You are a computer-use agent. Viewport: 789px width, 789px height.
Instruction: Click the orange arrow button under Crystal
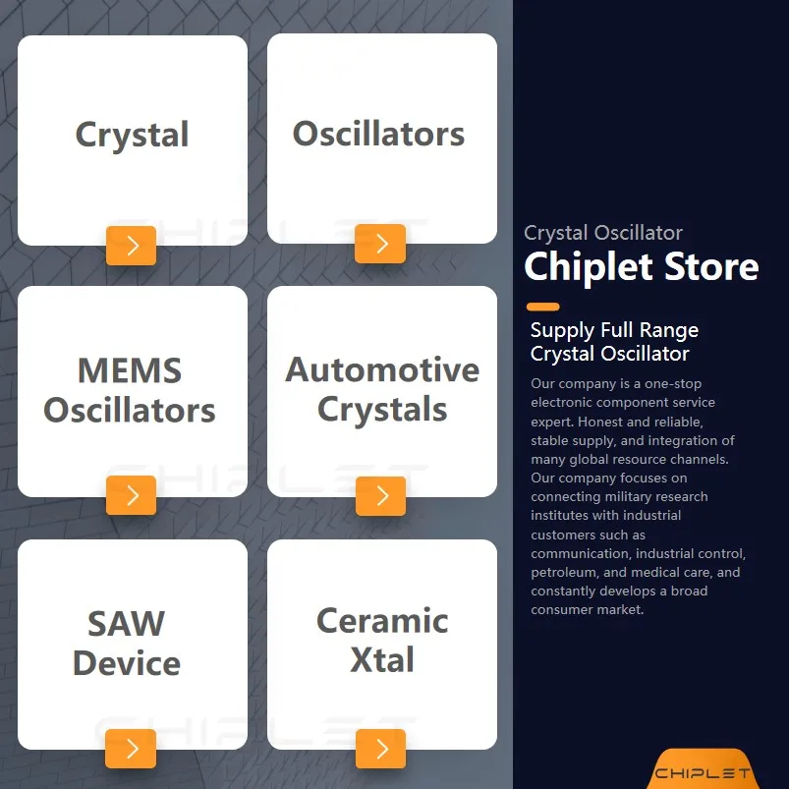click(132, 245)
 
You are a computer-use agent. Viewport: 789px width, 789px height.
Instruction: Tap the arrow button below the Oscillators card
click(380, 244)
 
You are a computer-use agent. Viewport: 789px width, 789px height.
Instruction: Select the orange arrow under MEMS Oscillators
click(132, 495)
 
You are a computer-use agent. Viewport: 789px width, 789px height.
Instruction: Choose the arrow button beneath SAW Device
click(132, 749)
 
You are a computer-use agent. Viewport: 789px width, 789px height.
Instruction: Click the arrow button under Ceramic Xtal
click(380, 749)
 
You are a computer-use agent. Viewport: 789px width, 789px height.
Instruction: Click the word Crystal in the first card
click(132, 135)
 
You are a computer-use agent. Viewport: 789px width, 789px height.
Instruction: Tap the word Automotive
click(382, 370)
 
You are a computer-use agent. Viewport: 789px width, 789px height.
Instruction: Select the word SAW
click(127, 624)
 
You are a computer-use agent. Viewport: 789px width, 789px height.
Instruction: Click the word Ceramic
click(382, 621)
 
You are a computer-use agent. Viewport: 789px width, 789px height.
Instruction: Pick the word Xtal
click(382, 660)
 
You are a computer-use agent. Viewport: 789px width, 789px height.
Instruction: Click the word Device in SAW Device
click(127, 663)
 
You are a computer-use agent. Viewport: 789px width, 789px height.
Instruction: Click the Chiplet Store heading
click(641, 266)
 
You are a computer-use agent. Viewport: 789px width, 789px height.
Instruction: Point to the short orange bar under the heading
click(542, 307)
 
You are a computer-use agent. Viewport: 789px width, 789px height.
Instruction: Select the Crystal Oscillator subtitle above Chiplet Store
click(603, 233)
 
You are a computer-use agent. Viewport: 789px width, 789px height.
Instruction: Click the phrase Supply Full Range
click(614, 330)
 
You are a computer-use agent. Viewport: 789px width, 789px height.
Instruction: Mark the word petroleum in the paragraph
click(564, 572)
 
